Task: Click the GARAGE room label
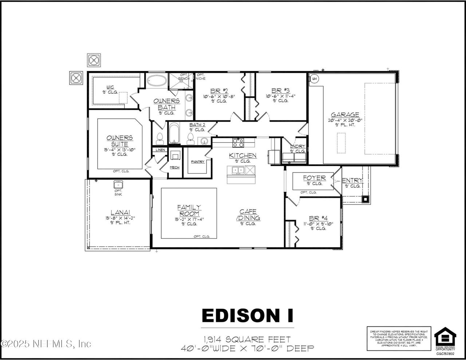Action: [344, 115]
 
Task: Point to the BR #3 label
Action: [280, 91]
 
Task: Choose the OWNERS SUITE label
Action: [119, 141]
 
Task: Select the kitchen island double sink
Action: [236, 170]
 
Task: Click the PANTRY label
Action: [198, 162]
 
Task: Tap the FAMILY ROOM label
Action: [189, 210]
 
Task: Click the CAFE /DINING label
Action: [248, 215]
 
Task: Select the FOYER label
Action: [314, 178]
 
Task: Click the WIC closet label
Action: [110, 87]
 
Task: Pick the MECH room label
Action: [175, 167]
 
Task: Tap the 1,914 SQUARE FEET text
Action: [248, 339]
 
